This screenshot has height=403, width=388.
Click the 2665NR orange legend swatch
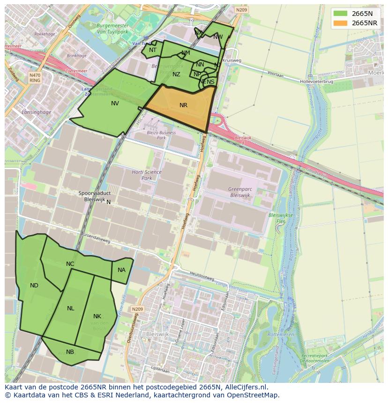[341, 23]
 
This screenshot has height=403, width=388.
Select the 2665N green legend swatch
[341, 14]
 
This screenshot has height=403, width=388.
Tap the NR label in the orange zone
[183, 105]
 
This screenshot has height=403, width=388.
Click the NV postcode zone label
[115, 103]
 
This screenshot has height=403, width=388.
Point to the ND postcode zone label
[34, 286]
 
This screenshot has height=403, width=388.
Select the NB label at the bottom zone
[70, 352]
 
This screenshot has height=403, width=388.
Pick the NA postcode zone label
[121, 270]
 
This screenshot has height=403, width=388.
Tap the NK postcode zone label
[97, 316]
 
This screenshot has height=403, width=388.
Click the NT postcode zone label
[153, 50]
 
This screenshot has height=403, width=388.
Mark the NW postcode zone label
[218, 37]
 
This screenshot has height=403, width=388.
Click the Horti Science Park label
[146, 175]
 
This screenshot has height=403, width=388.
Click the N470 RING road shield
[35, 78]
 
